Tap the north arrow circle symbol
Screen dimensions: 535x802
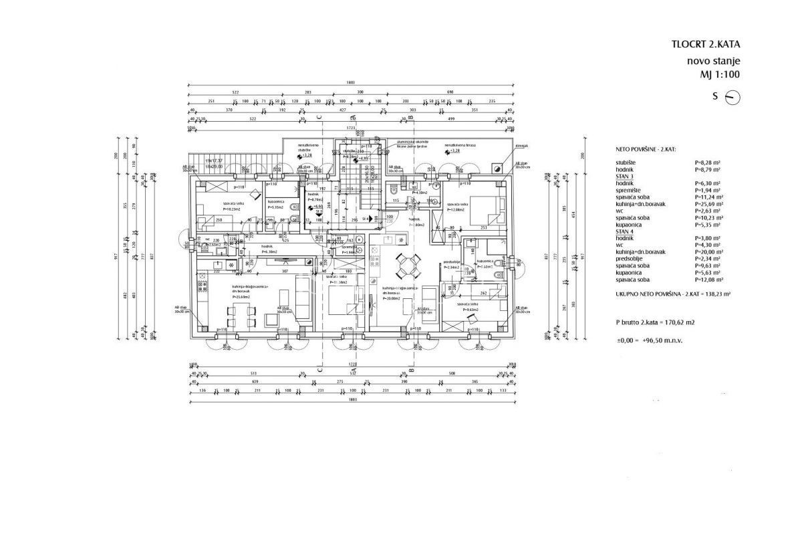pos(732,97)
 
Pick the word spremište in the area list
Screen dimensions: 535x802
pos(628,189)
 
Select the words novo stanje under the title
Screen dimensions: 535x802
pos(714,61)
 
